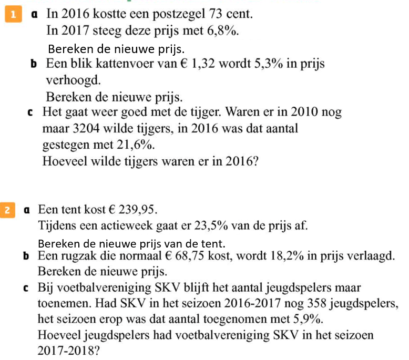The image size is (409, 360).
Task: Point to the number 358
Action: tap(312, 303)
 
